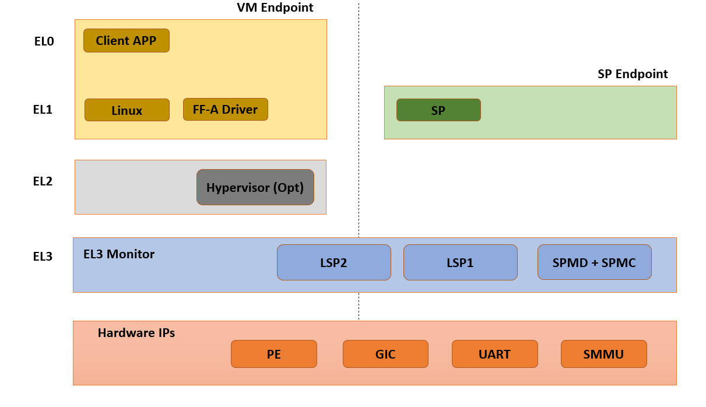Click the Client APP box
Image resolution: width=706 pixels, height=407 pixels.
pyautogui.click(x=126, y=41)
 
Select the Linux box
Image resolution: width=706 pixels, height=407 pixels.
pyautogui.click(x=127, y=110)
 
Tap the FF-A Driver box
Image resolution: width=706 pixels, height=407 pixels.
pyautogui.click(x=225, y=109)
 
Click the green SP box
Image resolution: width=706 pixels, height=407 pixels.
pyautogui.click(x=438, y=110)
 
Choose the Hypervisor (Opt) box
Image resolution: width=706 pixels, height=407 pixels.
pyautogui.click(x=255, y=188)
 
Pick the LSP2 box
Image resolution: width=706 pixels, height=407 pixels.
pyautogui.click(x=333, y=262)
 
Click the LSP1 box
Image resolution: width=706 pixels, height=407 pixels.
pyautogui.click(x=460, y=262)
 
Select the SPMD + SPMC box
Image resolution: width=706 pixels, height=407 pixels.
pyautogui.click(x=594, y=262)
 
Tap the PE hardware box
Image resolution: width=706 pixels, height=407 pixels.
pyautogui.click(x=273, y=354)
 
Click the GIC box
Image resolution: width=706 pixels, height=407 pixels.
pyautogui.click(x=385, y=354)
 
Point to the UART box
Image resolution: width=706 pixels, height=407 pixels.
pyautogui.click(x=494, y=354)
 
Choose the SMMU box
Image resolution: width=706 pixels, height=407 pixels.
pyautogui.click(x=603, y=354)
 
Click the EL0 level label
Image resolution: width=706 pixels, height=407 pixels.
pyautogui.click(x=44, y=41)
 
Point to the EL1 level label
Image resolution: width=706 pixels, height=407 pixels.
pyautogui.click(x=43, y=109)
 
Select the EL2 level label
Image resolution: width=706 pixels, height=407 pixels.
pyautogui.click(x=43, y=181)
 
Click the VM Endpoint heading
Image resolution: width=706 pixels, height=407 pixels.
pyautogui.click(x=275, y=8)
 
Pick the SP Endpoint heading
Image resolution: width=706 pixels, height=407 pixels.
pyautogui.click(x=633, y=74)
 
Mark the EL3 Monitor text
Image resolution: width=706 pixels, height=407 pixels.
pyautogui.click(x=119, y=254)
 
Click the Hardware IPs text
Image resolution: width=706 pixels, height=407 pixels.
pyautogui.click(x=136, y=334)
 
